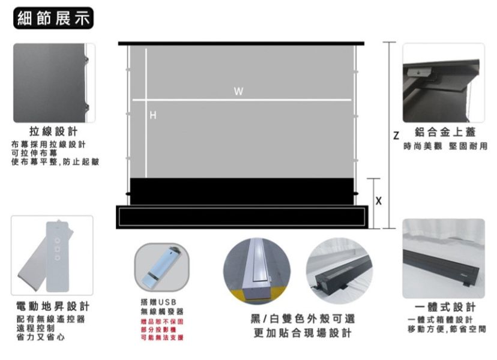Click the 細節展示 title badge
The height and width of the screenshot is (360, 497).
pos(53,18)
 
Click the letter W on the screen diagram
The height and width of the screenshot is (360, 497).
pos(239,92)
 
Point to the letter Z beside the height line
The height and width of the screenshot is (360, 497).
pos(396,136)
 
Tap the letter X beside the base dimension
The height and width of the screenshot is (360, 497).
pos(379,200)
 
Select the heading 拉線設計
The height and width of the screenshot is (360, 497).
pos(53,131)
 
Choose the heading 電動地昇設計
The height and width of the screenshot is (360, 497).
pos(53,307)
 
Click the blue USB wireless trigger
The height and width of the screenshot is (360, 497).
pos(160,268)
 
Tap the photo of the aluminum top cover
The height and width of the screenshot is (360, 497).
pos(443,83)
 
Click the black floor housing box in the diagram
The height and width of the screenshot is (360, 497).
pos(241,217)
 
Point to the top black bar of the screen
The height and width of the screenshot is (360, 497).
pos(241,43)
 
